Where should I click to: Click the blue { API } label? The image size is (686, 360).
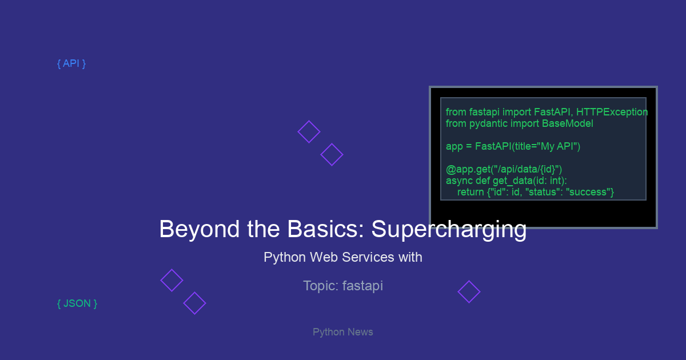pyautogui.click(x=71, y=63)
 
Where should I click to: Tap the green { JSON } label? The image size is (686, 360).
pyautogui.click(x=77, y=303)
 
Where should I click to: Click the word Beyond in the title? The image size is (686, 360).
pyautogui.click(x=200, y=229)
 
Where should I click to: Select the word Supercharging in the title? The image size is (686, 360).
pyautogui.click(x=449, y=229)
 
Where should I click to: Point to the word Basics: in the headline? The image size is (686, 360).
pyautogui.click(x=325, y=229)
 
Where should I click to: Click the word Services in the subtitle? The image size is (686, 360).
pyautogui.click(x=368, y=257)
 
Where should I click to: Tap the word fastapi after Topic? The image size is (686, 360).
pyautogui.click(x=362, y=286)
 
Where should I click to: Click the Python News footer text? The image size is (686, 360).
pyautogui.click(x=342, y=332)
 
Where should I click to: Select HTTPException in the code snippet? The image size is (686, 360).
pyautogui.click(x=612, y=112)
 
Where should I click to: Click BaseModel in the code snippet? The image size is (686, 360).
pyautogui.click(x=568, y=123)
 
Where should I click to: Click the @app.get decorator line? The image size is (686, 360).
pyautogui.click(x=504, y=169)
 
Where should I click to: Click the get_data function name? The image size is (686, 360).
pyautogui.click(x=513, y=181)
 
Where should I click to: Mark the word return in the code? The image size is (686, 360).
pyautogui.click(x=470, y=192)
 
